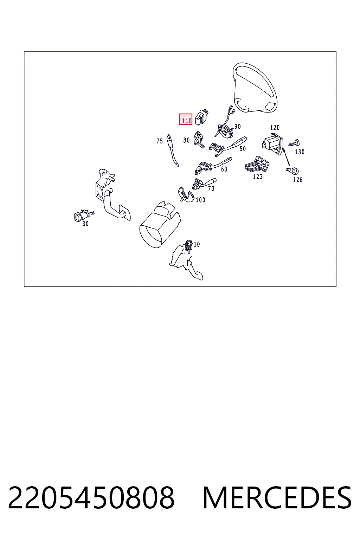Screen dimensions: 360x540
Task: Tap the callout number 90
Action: [x=237, y=126]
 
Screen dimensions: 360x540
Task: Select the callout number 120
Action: [x=275, y=128]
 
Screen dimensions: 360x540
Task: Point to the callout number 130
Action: [x=300, y=152]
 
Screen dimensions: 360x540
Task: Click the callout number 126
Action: [x=298, y=180]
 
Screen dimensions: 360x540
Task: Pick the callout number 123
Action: [x=258, y=177]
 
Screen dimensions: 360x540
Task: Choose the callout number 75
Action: [x=160, y=141]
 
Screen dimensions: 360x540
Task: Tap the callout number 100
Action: [x=200, y=200]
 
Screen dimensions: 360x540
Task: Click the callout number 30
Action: [x=85, y=224]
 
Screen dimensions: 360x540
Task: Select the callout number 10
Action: [x=197, y=244]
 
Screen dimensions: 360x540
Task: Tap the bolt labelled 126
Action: [x=292, y=171]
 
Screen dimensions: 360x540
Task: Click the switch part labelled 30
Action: [x=84, y=215]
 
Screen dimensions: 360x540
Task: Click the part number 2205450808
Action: [x=91, y=498]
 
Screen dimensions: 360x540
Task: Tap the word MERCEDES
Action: [x=277, y=498]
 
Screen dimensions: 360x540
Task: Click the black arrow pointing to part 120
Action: [x=286, y=157]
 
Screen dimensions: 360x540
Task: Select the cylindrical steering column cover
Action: [x=160, y=225]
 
